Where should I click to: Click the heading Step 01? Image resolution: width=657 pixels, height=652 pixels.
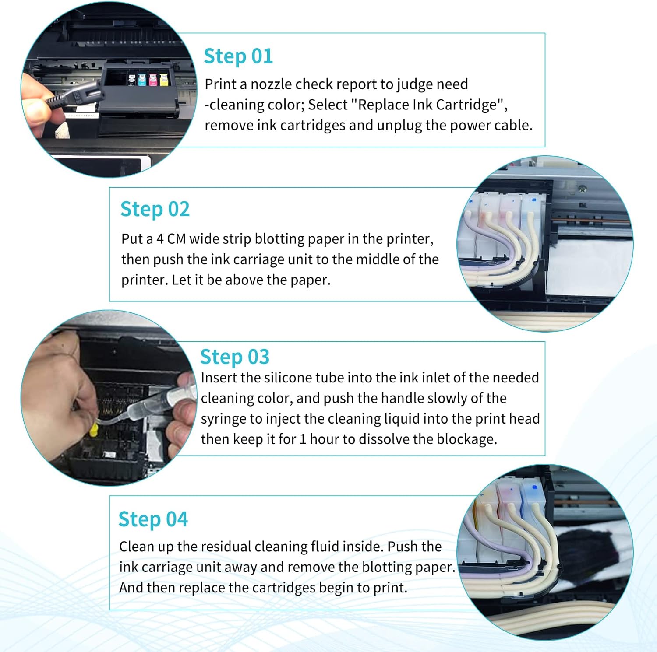tap(238, 57)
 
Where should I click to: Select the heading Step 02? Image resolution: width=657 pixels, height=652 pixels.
tap(155, 209)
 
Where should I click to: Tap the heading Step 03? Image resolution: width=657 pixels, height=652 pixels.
tap(235, 357)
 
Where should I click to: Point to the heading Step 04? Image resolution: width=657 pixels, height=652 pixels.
tap(153, 519)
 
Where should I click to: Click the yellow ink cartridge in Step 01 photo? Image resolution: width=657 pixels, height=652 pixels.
tap(163, 80)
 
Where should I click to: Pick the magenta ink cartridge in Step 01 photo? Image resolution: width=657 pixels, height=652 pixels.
tap(152, 80)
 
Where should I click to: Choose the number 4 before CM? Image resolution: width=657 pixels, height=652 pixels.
tap(160, 239)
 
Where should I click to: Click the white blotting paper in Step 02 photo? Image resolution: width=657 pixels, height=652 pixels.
tap(587, 263)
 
